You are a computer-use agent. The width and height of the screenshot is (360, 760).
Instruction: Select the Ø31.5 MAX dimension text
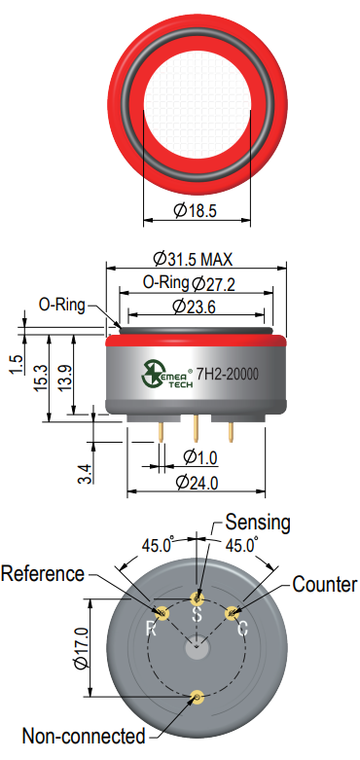pyautogui.click(x=193, y=259)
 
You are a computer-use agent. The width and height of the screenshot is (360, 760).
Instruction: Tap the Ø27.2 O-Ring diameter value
pyautogui.click(x=214, y=283)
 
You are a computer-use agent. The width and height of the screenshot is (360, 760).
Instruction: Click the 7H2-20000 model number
pyautogui.click(x=227, y=375)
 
